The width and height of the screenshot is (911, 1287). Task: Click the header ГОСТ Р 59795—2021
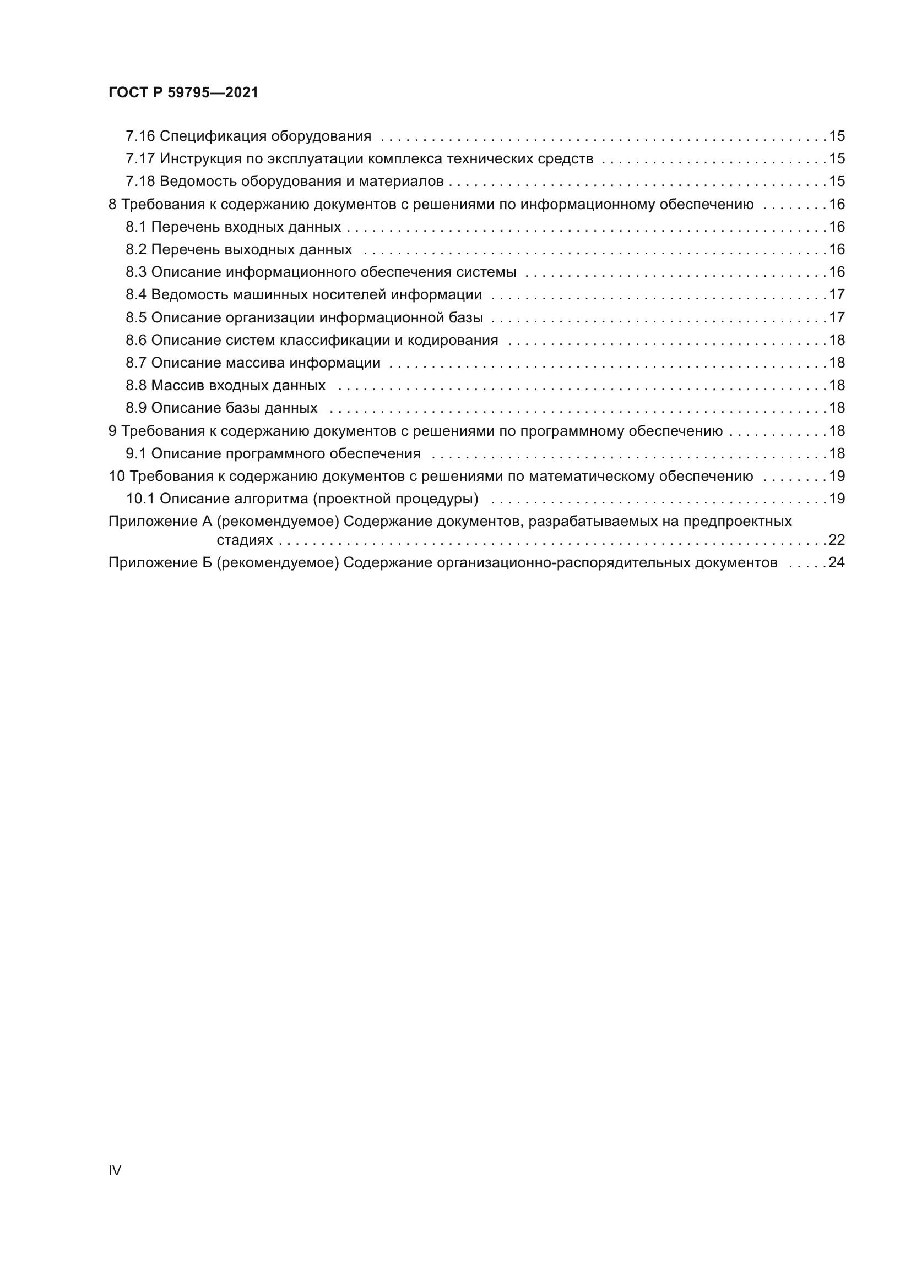(x=183, y=92)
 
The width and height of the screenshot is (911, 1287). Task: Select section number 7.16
(x=140, y=136)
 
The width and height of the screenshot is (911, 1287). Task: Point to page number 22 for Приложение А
(x=837, y=540)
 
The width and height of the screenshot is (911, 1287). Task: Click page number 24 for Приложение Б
(x=837, y=563)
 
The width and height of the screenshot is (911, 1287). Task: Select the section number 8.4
(x=136, y=295)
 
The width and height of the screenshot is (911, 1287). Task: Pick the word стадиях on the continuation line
(x=245, y=540)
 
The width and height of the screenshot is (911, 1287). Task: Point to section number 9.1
(x=136, y=453)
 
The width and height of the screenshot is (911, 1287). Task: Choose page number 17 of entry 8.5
(x=837, y=318)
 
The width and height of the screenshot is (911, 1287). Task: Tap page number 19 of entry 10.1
(x=837, y=499)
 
